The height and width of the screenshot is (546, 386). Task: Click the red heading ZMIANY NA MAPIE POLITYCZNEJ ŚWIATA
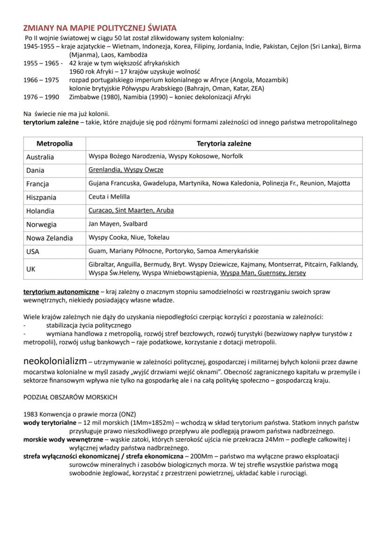click(x=100, y=29)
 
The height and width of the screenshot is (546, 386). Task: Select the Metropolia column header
click(x=54, y=144)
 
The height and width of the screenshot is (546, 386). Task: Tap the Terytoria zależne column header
click(x=224, y=144)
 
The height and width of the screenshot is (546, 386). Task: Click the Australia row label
click(x=40, y=157)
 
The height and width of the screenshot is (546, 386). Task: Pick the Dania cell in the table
click(x=35, y=171)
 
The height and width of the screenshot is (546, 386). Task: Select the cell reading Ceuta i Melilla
click(x=109, y=197)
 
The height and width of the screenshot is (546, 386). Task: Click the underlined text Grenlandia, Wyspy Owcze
click(x=126, y=170)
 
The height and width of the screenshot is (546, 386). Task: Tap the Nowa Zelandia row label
click(x=49, y=238)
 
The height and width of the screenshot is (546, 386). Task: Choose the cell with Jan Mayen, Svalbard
click(x=118, y=224)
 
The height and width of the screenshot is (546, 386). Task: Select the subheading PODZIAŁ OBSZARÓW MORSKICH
click(x=70, y=397)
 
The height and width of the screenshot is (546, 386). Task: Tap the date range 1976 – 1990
click(x=41, y=97)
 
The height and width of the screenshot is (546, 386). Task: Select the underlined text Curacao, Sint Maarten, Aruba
click(x=131, y=210)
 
